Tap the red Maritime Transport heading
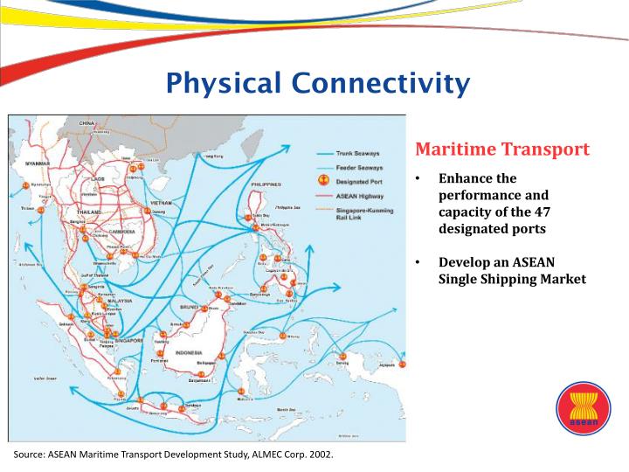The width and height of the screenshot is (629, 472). [x=502, y=149]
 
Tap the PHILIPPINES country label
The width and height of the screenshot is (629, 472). [x=266, y=185]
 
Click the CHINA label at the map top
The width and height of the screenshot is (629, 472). [x=86, y=123]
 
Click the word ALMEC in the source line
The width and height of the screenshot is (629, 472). [x=240, y=455]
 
